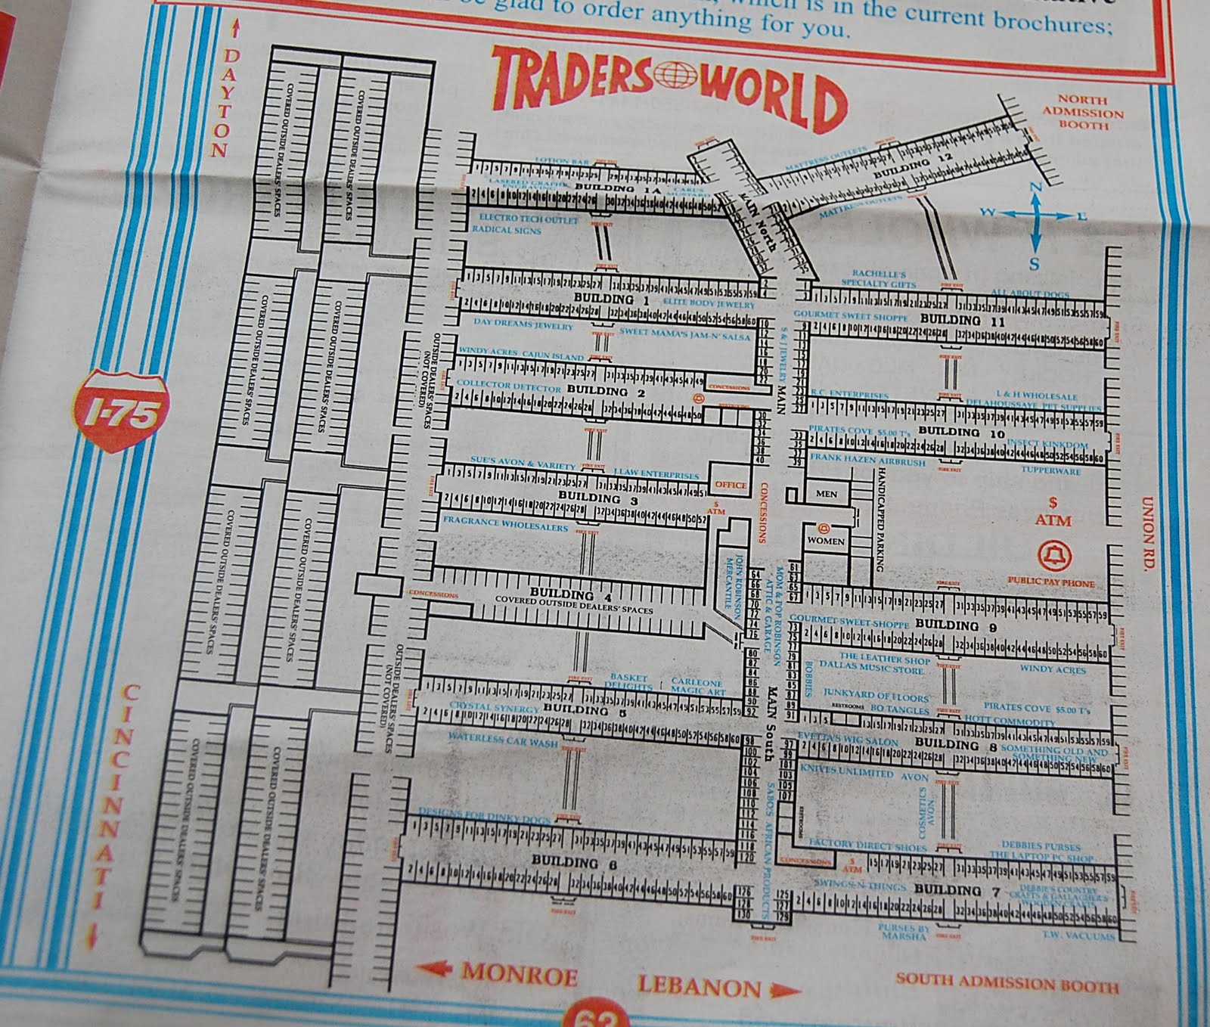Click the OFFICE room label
[730, 485]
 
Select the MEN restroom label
[827, 494]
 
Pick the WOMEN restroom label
[826, 541]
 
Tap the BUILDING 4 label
[560, 594]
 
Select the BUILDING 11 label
[962, 321]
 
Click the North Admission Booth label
[1083, 112]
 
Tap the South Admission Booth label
[1007, 984]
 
